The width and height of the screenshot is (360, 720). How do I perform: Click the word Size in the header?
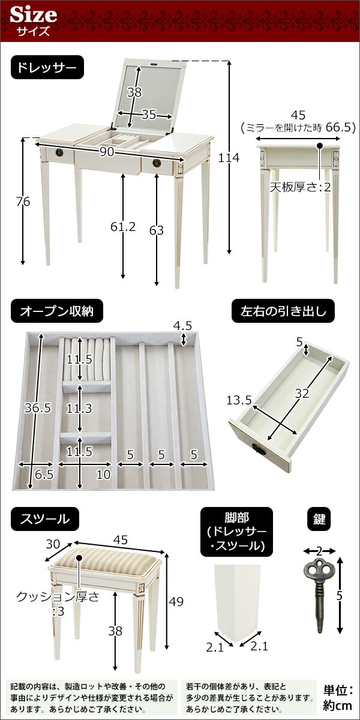pyautogui.click(x=34, y=15)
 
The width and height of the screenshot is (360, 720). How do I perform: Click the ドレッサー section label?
pyautogui.click(x=47, y=67)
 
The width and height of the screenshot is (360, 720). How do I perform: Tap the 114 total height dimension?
pyautogui.click(x=229, y=158)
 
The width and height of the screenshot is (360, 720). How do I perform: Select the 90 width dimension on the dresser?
pyautogui.click(x=106, y=152)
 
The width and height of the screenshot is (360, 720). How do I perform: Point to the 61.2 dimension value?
pyautogui.click(x=123, y=227)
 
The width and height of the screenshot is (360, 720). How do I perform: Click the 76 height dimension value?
pyautogui.click(x=23, y=202)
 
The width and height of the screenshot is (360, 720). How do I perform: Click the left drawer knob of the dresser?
pyautogui.click(x=59, y=152)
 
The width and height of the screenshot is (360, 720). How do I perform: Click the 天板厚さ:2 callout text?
pyautogui.click(x=300, y=187)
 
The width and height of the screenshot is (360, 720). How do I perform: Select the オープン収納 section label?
pyautogui.click(x=57, y=311)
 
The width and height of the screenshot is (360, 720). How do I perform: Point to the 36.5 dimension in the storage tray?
pyautogui.click(x=38, y=407)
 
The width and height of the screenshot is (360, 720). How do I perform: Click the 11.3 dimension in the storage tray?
pyautogui.click(x=79, y=408)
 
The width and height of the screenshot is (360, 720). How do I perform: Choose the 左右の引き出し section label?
pyautogui.click(x=283, y=311)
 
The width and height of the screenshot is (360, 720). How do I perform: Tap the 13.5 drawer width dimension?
pyautogui.click(x=239, y=400)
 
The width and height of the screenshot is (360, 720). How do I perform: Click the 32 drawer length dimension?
pyautogui.click(x=302, y=393)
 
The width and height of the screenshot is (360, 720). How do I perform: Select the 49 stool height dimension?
pyautogui.click(x=176, y=601)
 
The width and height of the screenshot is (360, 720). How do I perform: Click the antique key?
pyautogui.click(x=319, y=595)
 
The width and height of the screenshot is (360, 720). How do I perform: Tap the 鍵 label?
pyautogui.click(x=319, y=520)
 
